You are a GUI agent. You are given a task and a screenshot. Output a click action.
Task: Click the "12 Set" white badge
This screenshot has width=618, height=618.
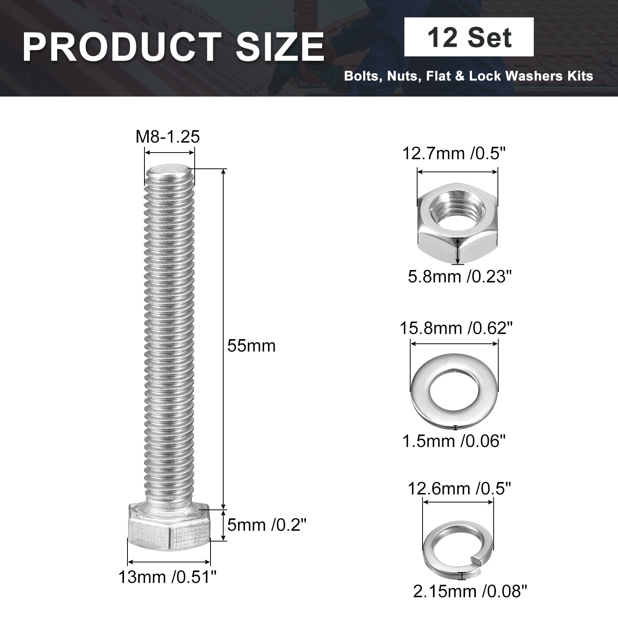pos(469,37)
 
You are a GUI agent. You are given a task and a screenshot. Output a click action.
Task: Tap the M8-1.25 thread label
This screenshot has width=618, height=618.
pos(168,137)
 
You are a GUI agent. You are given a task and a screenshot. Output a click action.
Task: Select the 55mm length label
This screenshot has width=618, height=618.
pos(251,346)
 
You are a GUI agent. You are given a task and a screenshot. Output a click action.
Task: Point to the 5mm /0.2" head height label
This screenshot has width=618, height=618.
pos(267,525)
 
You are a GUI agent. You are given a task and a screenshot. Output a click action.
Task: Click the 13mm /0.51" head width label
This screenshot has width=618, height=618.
pos(168,577)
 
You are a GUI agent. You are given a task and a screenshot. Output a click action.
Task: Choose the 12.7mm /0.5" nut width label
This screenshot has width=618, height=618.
pos(454,154)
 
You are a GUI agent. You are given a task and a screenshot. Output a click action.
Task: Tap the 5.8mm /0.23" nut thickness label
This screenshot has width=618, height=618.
pos(460,277)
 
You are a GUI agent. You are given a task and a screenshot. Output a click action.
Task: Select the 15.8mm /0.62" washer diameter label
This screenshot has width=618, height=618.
pos(456,328)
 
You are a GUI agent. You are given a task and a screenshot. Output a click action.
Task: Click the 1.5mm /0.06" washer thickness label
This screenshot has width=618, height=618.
pos(454,441)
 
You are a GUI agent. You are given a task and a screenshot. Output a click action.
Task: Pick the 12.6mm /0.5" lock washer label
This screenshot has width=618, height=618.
pos(460,489)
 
